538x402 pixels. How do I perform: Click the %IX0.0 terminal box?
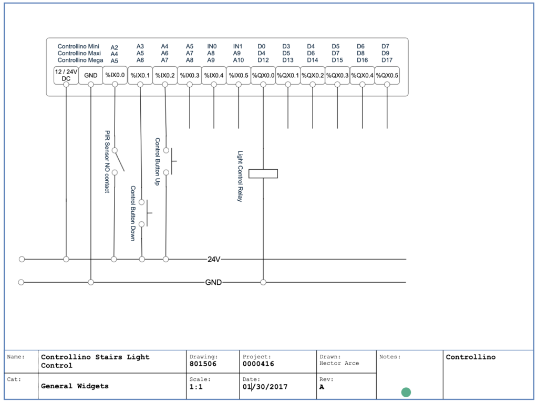115,75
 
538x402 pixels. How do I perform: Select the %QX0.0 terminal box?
263,76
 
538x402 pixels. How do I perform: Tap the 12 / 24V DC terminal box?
66,76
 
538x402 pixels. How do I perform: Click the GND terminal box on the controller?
90,76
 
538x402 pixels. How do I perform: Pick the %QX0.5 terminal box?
387,76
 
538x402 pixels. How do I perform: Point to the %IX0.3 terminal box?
189,76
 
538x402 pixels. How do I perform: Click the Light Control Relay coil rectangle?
263,174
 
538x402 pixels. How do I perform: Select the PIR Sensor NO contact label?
107,162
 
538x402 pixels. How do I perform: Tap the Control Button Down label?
133,213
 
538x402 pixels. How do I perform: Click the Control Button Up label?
158,162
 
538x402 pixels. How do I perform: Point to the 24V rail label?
214,259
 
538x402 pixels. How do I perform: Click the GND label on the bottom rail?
213,282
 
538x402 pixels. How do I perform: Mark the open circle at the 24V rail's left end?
22,259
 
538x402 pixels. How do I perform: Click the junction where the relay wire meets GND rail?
263,282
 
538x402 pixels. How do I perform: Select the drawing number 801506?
203,364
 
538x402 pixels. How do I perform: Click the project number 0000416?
258,364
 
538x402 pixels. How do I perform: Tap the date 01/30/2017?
265,387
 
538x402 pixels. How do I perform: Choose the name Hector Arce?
339,363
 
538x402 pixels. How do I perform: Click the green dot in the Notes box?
406,392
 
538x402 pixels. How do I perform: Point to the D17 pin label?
387,60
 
